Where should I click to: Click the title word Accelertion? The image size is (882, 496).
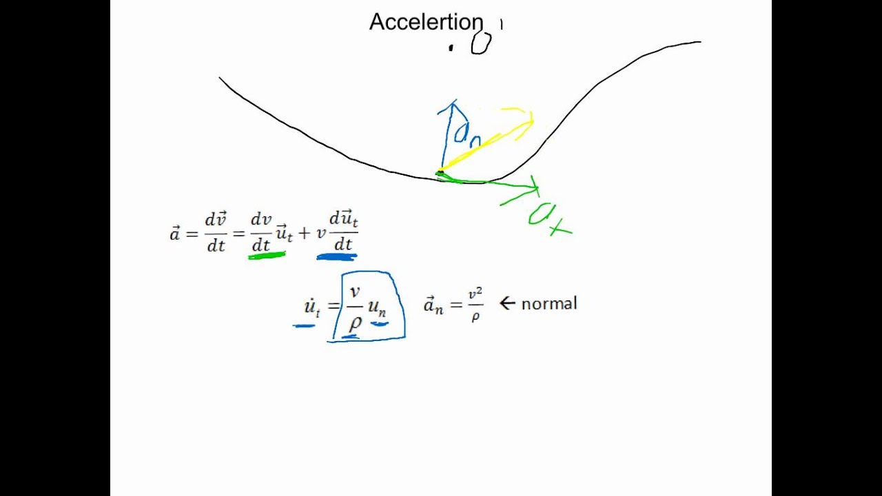click(x=426, y=22)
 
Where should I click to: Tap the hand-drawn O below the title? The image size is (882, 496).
click(x=481, y=43)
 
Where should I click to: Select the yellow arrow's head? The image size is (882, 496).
click(x=529, y=121)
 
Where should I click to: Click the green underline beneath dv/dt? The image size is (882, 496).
click(x=266, y=256)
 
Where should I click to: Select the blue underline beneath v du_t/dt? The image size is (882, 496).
click(x=336, y=257)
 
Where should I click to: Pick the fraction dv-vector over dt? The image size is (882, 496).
click(x=216, y=232)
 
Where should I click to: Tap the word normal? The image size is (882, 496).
click(x=548, y=304)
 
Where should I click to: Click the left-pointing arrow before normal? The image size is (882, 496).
click(x=507, y=303)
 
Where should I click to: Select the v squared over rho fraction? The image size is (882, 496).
click(x=475, y=305)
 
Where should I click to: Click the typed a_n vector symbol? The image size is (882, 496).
click(x=433, y=306)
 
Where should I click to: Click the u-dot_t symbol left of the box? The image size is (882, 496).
click(x=311, y=308)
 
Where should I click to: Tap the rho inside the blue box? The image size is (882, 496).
click(x=354, y=322)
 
